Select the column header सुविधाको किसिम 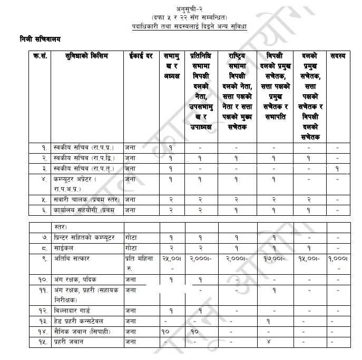(x=84, y=56)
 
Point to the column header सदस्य (x=337, y=56)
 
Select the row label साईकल (x=65, y=246)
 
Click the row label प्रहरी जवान (x=70, y=342)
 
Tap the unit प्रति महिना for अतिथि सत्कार (x=139, y=259)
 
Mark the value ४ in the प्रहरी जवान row (x=269, y=342)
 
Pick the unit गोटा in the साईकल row (x=131, y=246)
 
